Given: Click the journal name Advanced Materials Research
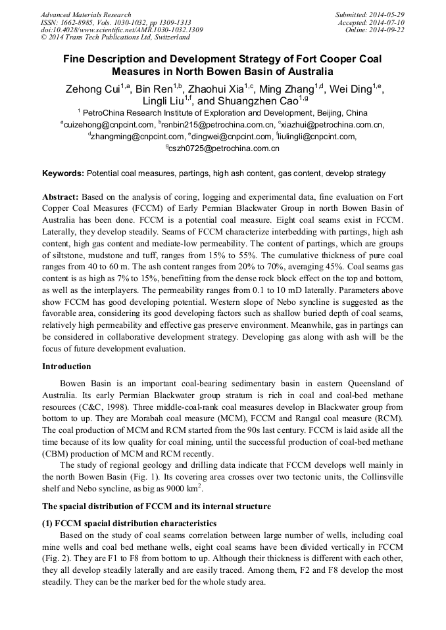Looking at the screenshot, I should [x=86, y=14].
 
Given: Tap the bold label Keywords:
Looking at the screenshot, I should [x=63, y=173].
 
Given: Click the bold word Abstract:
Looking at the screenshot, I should [x=61, y=197].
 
